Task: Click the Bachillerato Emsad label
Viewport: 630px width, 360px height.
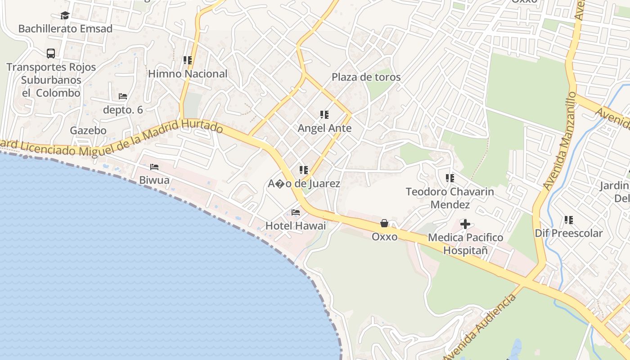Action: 65,29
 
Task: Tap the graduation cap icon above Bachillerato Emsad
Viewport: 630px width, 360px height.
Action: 65,16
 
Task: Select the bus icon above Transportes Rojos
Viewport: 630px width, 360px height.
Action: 51,54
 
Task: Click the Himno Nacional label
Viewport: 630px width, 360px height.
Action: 188,74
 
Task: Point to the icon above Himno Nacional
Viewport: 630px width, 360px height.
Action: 188,60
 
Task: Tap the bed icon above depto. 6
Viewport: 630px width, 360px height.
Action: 123,96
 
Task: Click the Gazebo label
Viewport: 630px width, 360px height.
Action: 88,130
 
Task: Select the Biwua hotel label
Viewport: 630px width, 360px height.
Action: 154,180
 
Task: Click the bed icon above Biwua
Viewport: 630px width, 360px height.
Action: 154,167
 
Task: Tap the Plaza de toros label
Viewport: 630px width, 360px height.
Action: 366,77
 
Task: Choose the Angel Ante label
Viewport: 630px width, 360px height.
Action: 324,128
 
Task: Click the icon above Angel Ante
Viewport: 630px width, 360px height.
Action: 324,115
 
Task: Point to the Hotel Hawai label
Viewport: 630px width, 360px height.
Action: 296,226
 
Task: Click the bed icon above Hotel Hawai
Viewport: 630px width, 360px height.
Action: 296,212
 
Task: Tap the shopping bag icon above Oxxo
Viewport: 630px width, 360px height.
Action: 384,223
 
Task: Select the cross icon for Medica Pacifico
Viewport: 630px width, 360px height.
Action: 465,224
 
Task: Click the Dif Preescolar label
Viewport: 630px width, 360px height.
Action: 568,233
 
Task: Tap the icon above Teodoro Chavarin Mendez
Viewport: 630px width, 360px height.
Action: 450,178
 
